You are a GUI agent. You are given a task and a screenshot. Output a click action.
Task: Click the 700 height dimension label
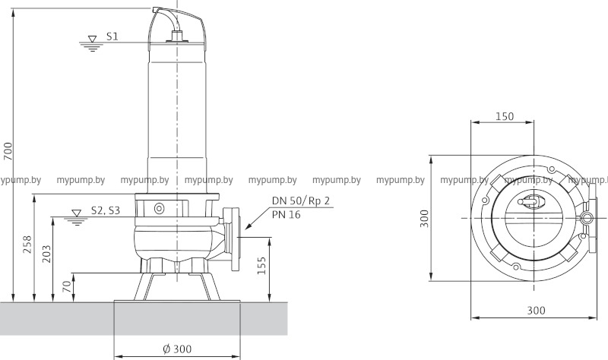[8, 151]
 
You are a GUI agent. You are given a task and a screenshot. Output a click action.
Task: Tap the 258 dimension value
[27, 245]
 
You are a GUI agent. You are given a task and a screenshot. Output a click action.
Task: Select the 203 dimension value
[46, 254]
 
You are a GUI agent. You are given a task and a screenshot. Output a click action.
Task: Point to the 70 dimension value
[67, 286]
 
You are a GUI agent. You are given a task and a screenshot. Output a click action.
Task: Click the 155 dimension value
[262, 266]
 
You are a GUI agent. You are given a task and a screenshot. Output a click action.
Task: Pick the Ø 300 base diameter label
[177, 349]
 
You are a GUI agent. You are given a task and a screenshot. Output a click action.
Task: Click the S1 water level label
[112, 36]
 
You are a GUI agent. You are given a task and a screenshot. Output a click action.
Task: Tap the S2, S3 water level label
[106, 210]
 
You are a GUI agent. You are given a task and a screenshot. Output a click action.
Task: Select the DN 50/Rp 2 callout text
[300, 201]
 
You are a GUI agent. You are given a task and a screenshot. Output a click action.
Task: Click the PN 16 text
[287, 215]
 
